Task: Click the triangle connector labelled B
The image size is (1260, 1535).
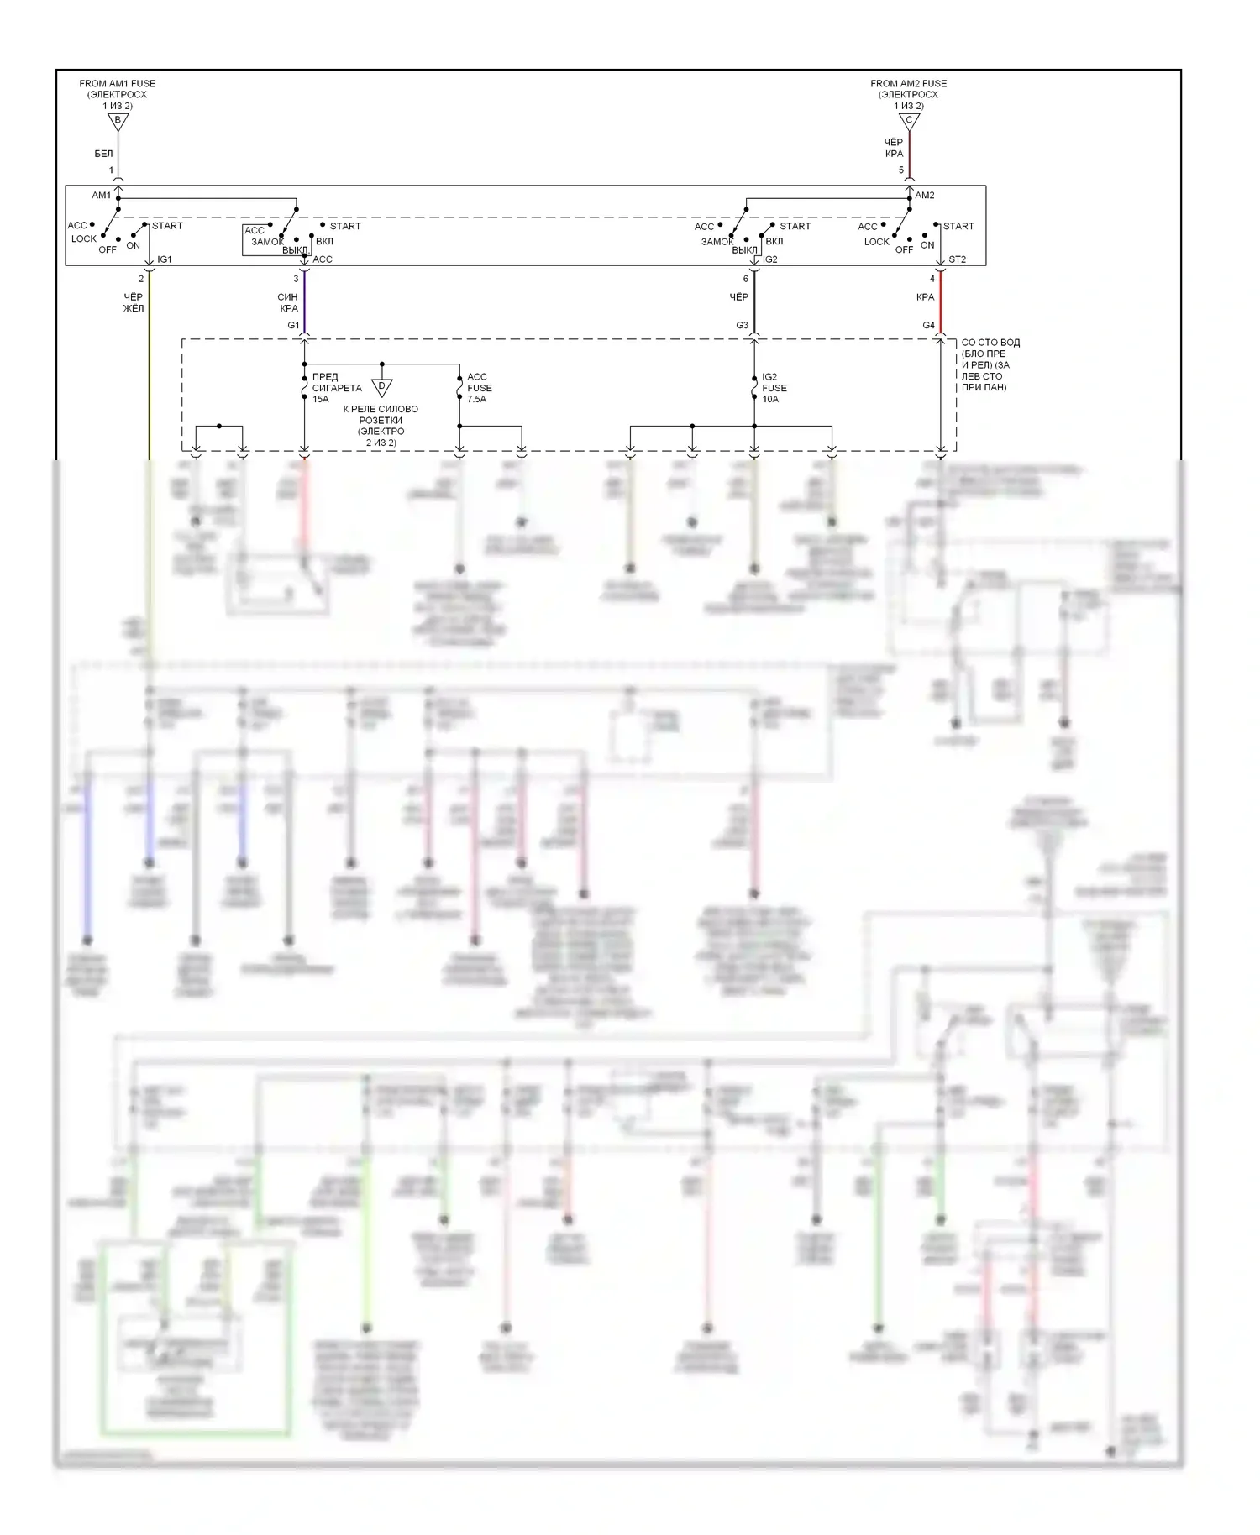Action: coord(118,121)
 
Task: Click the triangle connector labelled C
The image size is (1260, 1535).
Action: coord(909,121)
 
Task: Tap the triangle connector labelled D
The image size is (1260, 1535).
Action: coord(382,387)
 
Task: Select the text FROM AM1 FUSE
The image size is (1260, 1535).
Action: coord(118,83)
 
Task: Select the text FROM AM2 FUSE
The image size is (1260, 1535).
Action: coord(908,83)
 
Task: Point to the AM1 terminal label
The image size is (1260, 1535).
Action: coord(101,196)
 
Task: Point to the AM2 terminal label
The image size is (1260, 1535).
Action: coord(925,196)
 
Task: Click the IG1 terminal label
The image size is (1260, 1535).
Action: coord(165,259)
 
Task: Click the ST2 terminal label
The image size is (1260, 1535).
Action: coord(957,259)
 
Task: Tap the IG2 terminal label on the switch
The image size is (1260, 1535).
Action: coord(770,259)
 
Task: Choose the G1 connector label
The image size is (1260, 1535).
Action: coord(293,325)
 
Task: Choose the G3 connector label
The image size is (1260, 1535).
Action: coord(742,325)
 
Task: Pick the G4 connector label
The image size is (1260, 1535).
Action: coord(928,325)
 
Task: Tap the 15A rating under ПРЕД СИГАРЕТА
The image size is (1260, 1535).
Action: coord(321,399)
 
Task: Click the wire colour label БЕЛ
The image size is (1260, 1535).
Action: coord(103,154)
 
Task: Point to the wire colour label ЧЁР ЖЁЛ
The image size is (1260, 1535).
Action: coord(134,302)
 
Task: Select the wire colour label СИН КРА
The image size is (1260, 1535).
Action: coord(288,302)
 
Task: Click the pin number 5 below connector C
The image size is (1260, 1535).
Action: coord(901,170)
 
